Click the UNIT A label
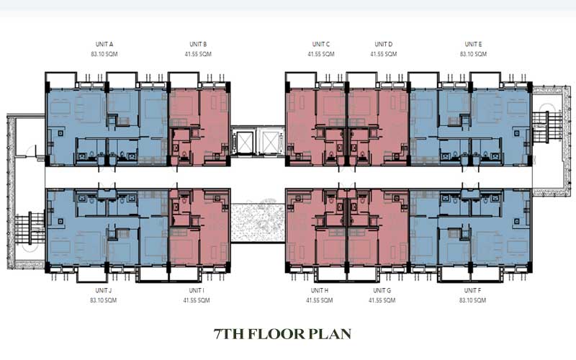[x=104, y=44]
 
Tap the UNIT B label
[x=198, y=44]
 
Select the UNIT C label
[x=321, y=44]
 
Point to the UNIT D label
[x=384, y=44]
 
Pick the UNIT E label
[x=473, y=44]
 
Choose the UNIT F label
[x=472, y=291]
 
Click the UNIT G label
[x=382, y=291]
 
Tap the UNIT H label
[x=320, y=291]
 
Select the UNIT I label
[x=197, y=291]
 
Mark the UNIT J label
[x=103, y=291]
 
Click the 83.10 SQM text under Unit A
[x=104, y=54]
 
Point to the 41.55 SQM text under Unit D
[x=384, y=54]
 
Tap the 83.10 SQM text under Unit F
[x=472, y=300]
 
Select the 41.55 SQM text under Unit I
[x=197, y=300]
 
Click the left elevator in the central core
[x=244, y=142]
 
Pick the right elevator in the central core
[x=271, y=142]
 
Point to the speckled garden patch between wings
[x=258, y=222]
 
